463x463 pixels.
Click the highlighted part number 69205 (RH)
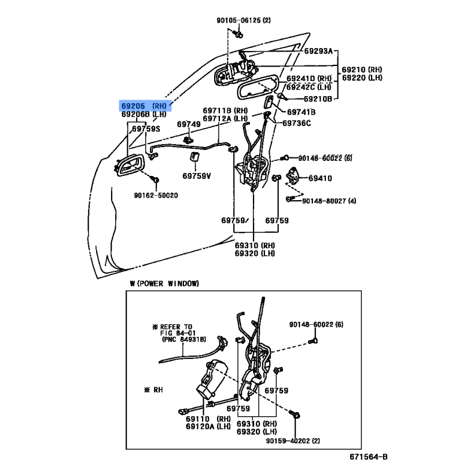(x=144, y=106)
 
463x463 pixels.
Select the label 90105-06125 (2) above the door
(x=244, y=20)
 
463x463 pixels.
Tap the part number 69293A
(x=318, y=51)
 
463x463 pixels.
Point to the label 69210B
(x=318, y=99)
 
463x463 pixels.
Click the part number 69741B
(x=301, y=112)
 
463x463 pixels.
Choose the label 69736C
(x=296, y=123)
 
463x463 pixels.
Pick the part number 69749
(x=189, y=124)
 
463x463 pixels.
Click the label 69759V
(x=197, y=176)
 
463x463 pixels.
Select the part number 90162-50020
(x=156, y=196)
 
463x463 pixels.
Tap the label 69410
(x=320, y=178)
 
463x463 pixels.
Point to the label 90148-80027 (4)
(x=329, y=201)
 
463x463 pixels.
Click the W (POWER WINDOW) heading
(x=164, y=284)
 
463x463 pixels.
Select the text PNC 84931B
(x=184, y=340)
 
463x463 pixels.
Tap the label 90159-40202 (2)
(x=293, y=441)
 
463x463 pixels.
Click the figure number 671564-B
(x=369, y=457)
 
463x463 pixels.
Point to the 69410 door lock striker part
(x=293, y=175)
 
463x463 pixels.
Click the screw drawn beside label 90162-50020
(x=155, y=179)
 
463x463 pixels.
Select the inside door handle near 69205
(x=129, y=166)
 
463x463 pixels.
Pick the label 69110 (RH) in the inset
(x=208, y=419)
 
